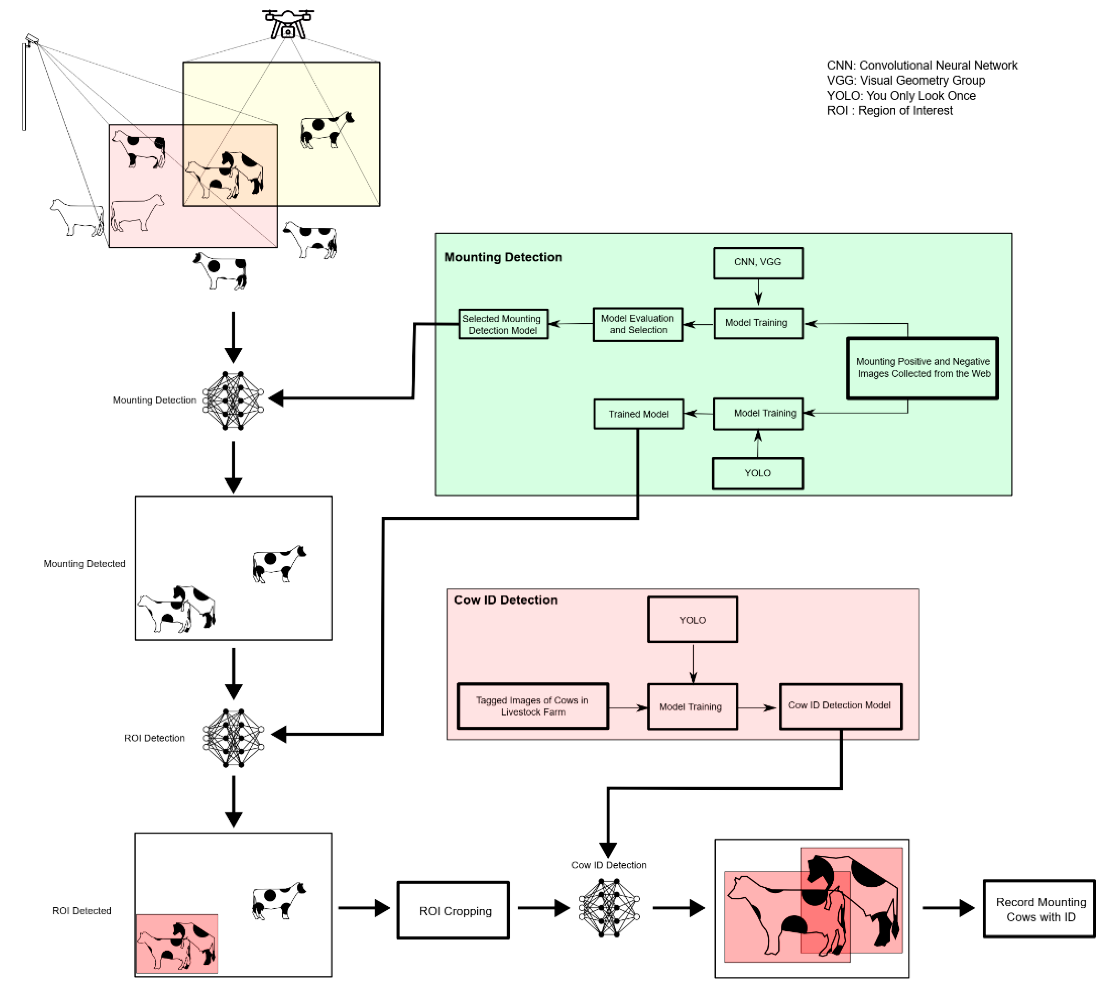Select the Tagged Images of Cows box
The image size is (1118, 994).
[x=532, y=706]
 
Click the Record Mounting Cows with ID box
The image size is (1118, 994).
[x=1039, y=909]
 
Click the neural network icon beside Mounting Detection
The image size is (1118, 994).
[x=233, y=400]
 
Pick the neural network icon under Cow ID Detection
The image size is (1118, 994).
[x=609, y=908]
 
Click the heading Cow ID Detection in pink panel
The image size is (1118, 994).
[x=505, y=600]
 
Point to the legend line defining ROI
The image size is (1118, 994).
[x=889, y=111]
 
